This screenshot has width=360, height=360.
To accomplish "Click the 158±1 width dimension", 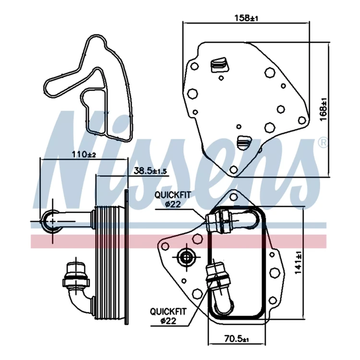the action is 246,18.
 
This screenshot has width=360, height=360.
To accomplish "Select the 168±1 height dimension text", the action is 324,110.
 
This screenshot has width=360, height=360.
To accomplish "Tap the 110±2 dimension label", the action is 84,154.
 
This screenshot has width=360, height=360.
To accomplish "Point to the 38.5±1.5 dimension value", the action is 150,171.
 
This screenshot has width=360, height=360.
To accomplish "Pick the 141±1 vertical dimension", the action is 298,263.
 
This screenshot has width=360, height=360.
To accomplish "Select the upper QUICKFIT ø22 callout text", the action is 172,199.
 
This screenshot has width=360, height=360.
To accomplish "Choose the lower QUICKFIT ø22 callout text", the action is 168,316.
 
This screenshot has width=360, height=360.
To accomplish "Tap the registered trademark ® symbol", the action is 323,143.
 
